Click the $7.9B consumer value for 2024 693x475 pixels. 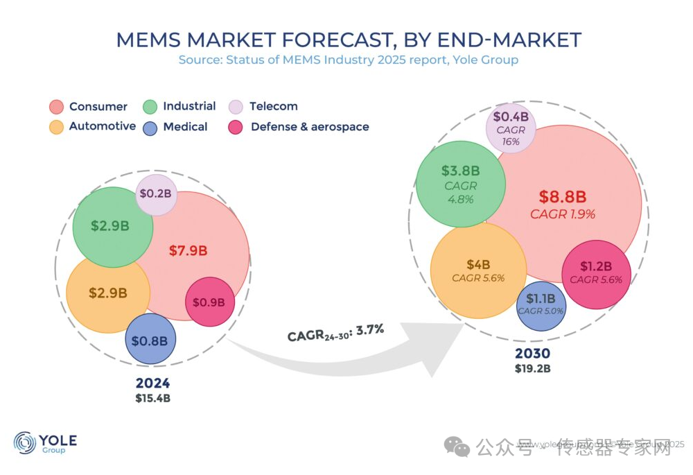188,251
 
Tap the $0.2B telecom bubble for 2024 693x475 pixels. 156,193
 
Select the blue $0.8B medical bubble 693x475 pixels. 150,340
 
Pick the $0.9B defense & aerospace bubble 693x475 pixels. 209,302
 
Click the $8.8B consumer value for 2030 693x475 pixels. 563,196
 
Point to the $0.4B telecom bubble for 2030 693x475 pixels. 511,128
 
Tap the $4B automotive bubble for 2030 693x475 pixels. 478,270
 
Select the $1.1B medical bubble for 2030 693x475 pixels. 540,303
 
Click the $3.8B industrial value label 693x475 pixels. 460,170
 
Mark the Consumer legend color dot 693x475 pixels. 57,107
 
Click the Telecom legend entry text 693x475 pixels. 273,106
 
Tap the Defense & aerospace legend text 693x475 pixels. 310,127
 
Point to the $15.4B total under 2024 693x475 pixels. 153,398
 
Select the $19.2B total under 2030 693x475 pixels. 532,368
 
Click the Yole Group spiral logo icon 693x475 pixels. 25,442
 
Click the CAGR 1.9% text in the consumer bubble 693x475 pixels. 563,214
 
